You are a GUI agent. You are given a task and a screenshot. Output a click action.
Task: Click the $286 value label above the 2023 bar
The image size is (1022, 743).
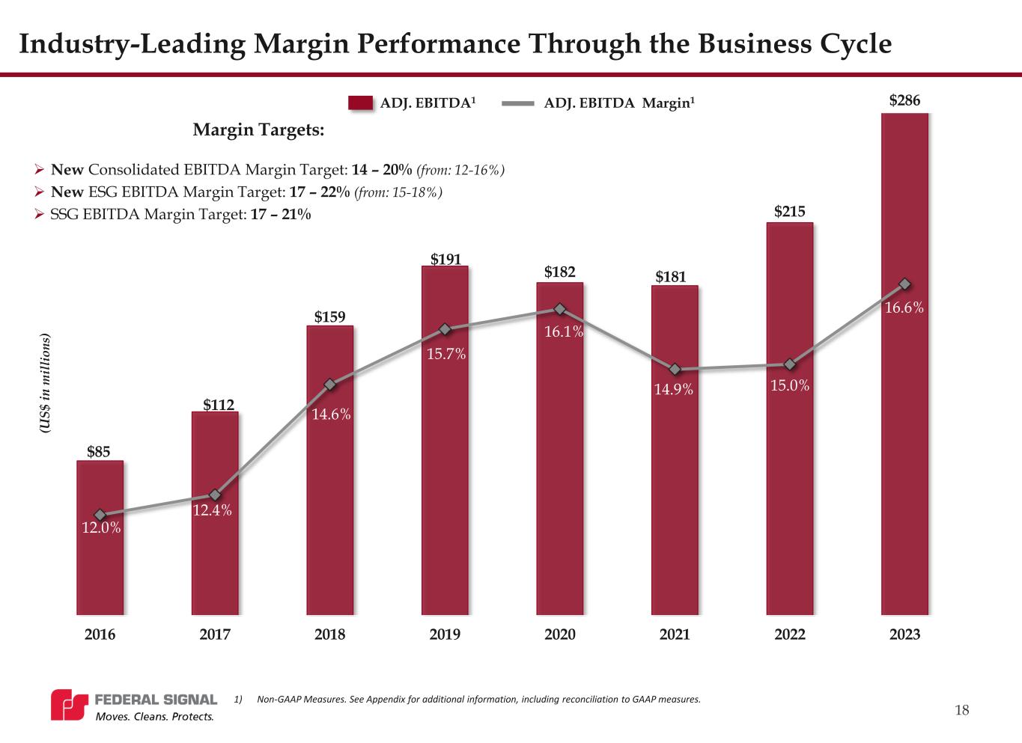[904, 100]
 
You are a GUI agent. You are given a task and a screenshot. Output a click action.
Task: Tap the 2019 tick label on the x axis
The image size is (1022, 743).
[445, 635]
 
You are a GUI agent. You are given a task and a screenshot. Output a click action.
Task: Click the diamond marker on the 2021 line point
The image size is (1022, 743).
[675, 370]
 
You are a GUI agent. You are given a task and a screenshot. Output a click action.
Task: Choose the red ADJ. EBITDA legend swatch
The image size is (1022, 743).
[361, 103]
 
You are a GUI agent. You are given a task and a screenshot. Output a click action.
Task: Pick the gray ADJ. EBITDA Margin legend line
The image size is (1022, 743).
[518, 103]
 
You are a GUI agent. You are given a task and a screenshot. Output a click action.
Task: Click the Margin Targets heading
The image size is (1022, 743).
[258, 130]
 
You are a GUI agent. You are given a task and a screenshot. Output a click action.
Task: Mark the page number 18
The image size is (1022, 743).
[962, 710]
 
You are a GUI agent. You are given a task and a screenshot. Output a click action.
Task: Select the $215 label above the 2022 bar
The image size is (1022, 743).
[790, 212]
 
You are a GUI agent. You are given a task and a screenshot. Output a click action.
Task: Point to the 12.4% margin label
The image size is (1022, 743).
[213, 511]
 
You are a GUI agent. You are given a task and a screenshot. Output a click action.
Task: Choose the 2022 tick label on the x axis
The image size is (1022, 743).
[790, 635]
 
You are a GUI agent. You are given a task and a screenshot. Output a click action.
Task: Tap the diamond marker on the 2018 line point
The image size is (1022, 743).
[329, 385]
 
